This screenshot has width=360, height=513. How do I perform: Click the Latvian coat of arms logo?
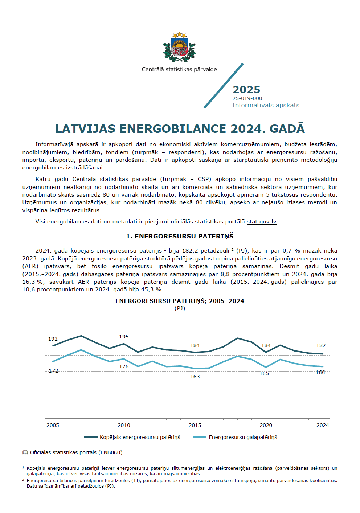179,48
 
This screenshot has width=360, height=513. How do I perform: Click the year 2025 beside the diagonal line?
246,90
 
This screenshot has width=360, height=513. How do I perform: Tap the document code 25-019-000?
247,98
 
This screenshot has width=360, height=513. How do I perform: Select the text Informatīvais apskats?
266,105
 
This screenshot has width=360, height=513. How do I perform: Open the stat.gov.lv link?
261,222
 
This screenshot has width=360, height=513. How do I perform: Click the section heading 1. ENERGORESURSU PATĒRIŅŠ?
180,236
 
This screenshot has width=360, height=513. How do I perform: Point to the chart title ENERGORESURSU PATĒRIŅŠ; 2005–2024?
180,301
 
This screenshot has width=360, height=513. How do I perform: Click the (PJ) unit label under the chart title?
180,308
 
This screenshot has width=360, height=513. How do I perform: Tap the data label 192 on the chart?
53,339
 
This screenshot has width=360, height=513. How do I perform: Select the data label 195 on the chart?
124,337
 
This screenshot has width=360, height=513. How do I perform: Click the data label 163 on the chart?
195,377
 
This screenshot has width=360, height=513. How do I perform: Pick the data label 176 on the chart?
124,366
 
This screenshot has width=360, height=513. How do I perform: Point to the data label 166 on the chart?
320,372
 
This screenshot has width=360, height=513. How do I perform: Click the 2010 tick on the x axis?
124,425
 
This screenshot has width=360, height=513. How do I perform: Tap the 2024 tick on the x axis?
323,425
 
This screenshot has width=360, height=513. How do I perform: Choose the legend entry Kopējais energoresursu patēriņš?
140,437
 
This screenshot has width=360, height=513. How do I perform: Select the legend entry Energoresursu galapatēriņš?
243,437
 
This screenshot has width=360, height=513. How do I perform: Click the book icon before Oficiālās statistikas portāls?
25,452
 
